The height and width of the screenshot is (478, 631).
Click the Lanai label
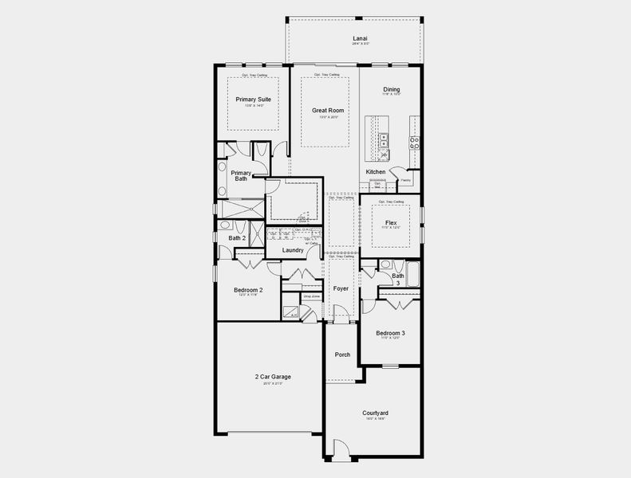(x=360, y=38)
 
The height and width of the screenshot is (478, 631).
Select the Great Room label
(x=323, y=111)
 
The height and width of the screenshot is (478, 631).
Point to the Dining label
(x=391, y=90)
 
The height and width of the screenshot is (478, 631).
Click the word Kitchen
(x=376, y=172)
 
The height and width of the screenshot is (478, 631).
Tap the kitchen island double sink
(x=384, y=140)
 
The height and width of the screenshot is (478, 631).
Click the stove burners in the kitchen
(x=414, y=143)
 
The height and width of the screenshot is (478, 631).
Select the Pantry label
(x=405, y=180)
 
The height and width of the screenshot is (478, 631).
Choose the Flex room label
(x=391, y=222)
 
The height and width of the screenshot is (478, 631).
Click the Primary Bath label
(x=241, y=176)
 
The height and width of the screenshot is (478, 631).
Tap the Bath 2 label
(x=237, y=237)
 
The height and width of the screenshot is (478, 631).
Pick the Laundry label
(x=293, y=250)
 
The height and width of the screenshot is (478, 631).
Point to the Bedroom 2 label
(x=248, y=290)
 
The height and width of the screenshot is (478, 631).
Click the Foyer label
(x=341, y=288)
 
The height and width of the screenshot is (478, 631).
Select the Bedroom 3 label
(x=391, y=333)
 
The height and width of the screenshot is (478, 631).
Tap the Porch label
(x=342, y=355)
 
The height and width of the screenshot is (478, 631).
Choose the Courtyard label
(x=375, y=413)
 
